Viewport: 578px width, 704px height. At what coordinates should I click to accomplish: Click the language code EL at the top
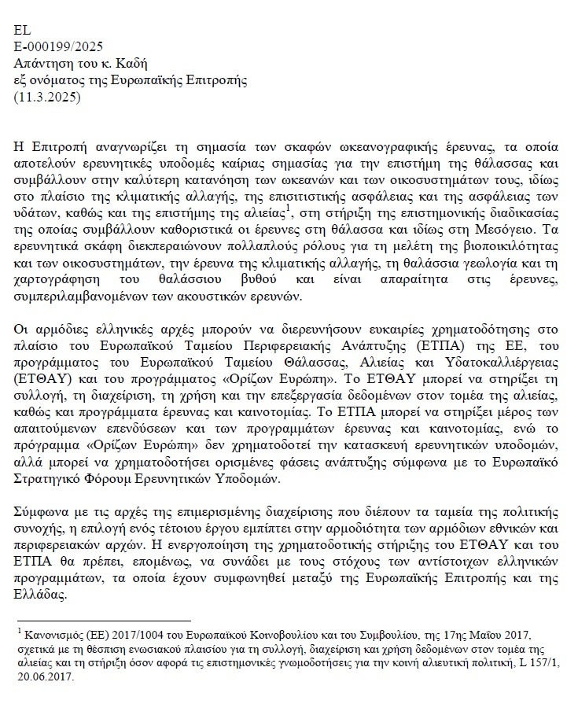[23, 31]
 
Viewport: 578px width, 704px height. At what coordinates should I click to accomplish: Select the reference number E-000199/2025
[58, 47]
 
